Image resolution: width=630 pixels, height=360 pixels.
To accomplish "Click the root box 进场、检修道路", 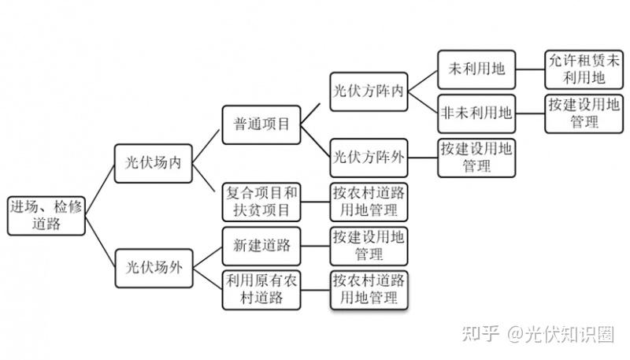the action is tap(46, 216).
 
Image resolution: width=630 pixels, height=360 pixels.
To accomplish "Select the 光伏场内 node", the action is tap(153, 164).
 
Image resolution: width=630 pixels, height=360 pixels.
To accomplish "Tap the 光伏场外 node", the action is tap(154, 268).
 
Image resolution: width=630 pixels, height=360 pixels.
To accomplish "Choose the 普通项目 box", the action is tap(261, 124).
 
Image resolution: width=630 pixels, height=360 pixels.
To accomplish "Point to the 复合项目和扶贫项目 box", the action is tap(261, 202).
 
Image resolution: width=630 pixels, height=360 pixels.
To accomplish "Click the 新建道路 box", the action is tap(261, 246).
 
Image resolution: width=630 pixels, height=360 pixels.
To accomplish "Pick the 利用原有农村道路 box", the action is tap(261, 290).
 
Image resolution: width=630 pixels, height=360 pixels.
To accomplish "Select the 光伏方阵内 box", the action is tap(369, 91).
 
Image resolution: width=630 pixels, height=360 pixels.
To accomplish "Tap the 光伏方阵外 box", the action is tap(369, 158).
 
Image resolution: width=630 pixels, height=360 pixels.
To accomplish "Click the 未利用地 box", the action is tap(476, 69).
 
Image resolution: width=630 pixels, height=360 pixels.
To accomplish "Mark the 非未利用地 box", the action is tap(476, 113).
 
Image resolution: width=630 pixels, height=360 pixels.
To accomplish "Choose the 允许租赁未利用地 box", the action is tap(584, 69).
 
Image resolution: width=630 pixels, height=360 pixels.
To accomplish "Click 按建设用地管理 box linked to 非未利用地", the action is tap(584, 113).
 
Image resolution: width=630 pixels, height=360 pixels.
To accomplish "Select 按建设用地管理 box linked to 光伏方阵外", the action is tap(476, 158).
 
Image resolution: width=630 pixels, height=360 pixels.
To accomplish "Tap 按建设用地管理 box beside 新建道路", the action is tap(369, 246).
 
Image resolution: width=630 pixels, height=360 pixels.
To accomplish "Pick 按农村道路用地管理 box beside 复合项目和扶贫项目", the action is tap(369, 202).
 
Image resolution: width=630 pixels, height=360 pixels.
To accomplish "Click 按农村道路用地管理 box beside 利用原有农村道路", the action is tap(369, 290).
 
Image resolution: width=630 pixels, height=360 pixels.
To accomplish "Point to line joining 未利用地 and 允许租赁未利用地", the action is tap(530, 69).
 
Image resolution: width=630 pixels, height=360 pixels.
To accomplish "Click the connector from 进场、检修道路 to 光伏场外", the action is tap(100, 242).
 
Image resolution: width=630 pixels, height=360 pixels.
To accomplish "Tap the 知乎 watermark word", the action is tap(480, 334).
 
